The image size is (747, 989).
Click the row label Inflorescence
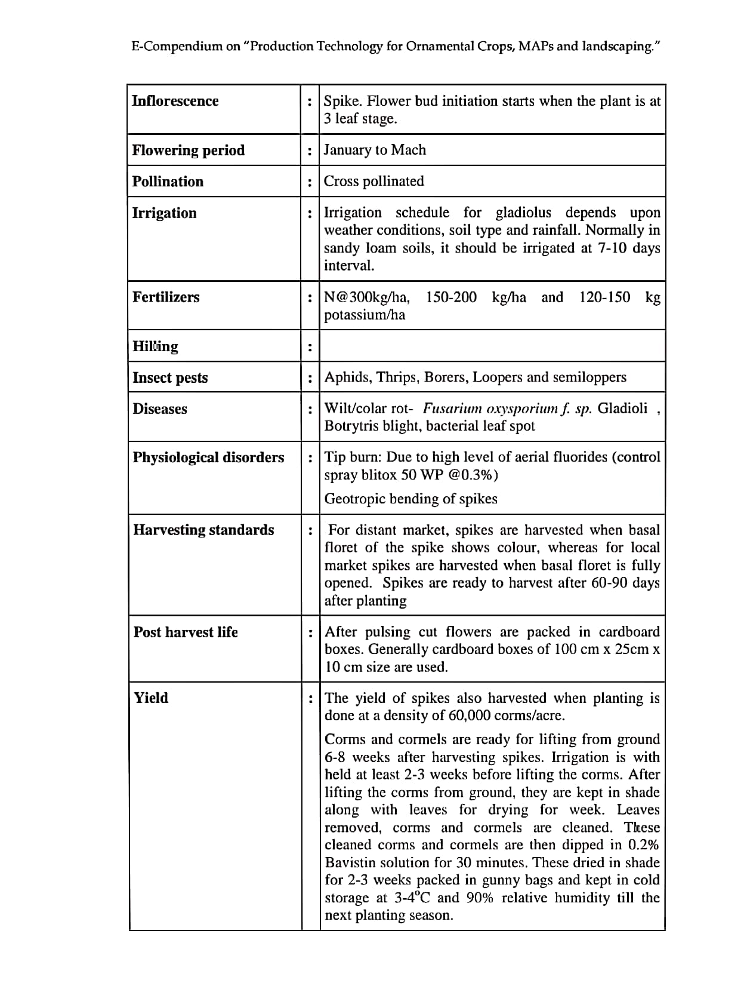coord(175,101)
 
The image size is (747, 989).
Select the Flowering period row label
coord(189,150)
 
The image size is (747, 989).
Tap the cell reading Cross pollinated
coord(373,181)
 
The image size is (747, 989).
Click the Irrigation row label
coord(164,213)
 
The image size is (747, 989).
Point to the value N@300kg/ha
coord(367,297)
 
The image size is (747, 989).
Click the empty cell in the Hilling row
coord(492,346)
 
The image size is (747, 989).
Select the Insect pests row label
coord(170,377)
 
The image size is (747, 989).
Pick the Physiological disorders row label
coord(208,457)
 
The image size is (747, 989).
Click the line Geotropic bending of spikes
coord(410,499)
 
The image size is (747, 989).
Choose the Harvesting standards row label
coord(203,530)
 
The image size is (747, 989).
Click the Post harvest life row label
coord(186,632)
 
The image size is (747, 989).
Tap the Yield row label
coord(151,698)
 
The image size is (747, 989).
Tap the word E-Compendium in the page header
coord(177,47)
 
